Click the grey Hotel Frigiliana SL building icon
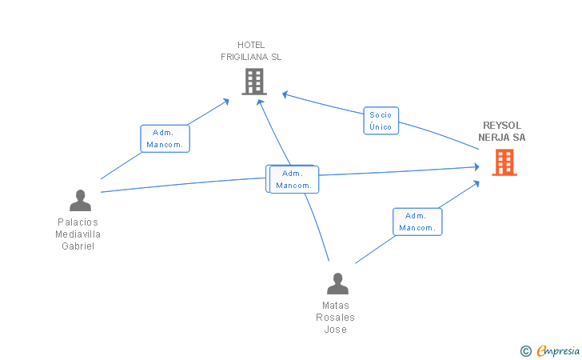tap(254, 82)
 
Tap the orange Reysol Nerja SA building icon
tap(504, 162)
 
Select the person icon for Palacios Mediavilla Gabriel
tap(80, 201)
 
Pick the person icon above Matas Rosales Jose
tap(337, 283)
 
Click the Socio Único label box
tap(381, 121)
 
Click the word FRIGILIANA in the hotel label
tap(245, 57)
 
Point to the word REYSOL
tap(502, 126)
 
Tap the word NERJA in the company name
tap(494, 138)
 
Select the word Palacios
tap(78, 222)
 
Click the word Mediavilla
tap(78, 234)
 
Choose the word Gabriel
tap(78, 246)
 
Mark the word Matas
tap(336, 306)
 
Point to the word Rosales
tap(335, 318)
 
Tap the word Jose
tap(336, 329)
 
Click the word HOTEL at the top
tap(251, 45)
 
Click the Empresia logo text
tap(558, 350)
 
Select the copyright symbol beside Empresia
tap(526, 351)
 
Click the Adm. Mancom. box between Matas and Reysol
tap(417, 222)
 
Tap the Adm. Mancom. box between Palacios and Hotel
tap(165, 138)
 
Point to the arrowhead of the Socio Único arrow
tap(285, 94)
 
